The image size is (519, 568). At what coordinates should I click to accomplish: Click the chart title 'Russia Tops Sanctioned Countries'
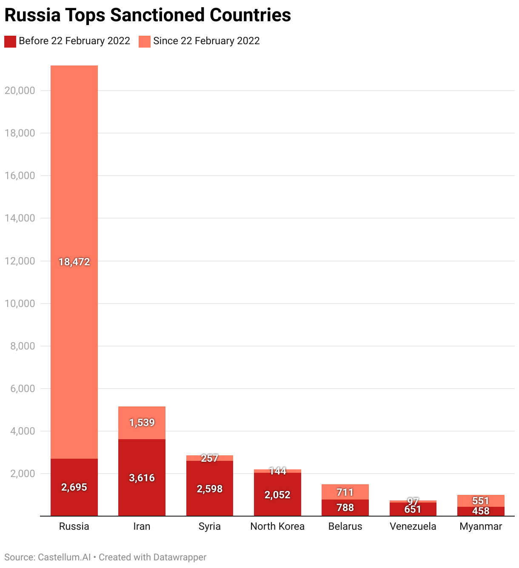pos(148,15)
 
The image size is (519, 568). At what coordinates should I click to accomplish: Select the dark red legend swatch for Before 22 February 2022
pos(10,41)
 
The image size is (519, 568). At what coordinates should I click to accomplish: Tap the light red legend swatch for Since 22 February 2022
pos(145,41)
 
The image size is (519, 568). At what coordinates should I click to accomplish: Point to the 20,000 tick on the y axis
pos(20,91)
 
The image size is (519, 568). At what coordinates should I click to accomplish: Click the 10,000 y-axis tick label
pos(20,304)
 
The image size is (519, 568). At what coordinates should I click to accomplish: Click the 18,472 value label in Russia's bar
pos(74,262)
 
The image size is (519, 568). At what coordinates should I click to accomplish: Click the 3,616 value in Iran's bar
pos(142,478)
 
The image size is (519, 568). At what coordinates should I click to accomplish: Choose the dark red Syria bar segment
pos(210,502)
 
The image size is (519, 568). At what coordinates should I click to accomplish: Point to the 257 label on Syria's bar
pos(210,458)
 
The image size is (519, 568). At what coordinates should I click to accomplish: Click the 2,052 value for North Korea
pos(277,495)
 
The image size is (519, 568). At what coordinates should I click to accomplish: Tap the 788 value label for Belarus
pos(345,508)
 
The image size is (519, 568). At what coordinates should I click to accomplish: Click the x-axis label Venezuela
pos(413,526)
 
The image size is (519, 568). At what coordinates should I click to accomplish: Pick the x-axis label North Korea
pos(277,526)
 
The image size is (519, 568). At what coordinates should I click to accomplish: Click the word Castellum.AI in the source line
pos(64,557)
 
